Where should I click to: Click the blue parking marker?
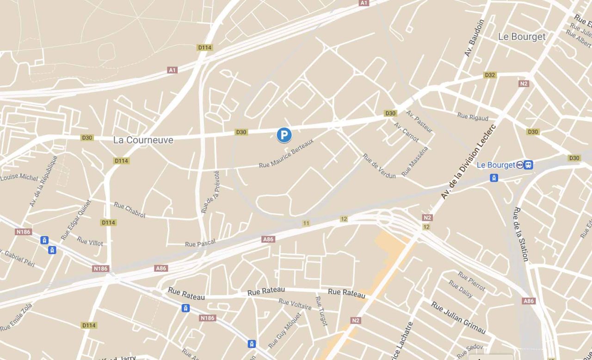pos(284,135)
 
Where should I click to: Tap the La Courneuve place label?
pos(143,140)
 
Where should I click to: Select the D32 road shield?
pos(490,75)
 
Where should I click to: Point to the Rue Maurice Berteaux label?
pos(286,153)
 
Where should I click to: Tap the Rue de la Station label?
pos(520,234)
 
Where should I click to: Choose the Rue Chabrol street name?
pos(129,210)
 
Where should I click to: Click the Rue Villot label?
pos(90,241)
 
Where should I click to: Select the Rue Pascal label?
pos(200,244)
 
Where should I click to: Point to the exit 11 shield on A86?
pos(306,223)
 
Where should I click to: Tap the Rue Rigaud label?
pos(473,116)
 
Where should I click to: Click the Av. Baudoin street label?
pos(474,38)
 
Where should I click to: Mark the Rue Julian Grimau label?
pos(458,317)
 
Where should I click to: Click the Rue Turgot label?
pos(321,311)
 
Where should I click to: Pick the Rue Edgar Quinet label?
pos(76,220)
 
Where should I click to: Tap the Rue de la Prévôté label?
pos(210,192)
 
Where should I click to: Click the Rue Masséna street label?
pos(415,161)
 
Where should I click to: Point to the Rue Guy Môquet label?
pos(285,330)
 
